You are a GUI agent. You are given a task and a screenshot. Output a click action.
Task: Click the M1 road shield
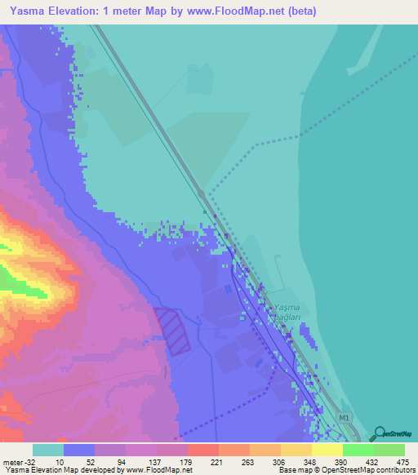pos(346,416)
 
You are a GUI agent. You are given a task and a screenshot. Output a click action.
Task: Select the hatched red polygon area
pos(173,330)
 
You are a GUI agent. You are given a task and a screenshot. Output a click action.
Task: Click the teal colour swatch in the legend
pos(47,450)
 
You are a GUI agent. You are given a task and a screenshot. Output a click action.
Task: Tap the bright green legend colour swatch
pos(358,450)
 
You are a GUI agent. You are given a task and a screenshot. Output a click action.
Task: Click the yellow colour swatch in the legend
pos(327,450)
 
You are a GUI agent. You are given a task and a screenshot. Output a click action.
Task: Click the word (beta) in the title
pos(299,11)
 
